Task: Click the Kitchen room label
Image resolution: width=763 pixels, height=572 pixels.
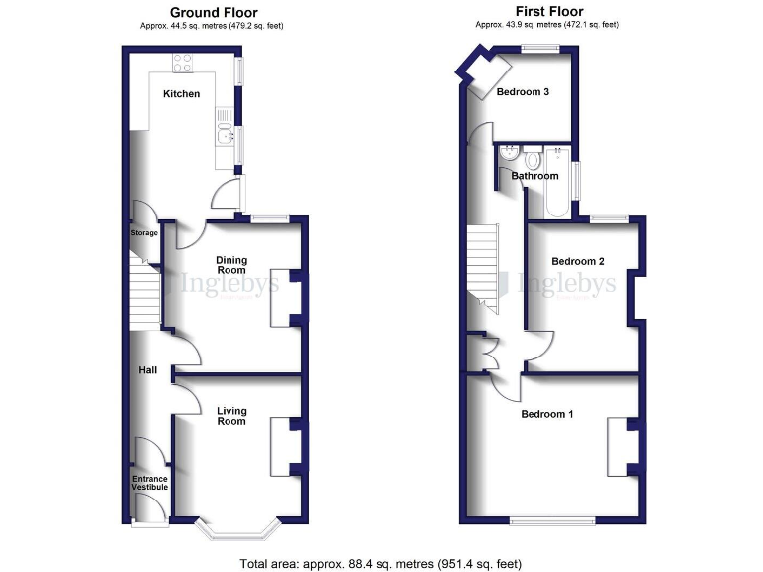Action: (182, 94)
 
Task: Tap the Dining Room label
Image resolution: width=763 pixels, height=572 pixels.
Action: (231, 265)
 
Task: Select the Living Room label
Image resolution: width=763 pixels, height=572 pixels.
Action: (231, 416)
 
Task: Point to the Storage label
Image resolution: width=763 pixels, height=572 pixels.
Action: (145, 233)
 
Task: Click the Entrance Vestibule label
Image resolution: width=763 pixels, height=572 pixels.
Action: (150, 484)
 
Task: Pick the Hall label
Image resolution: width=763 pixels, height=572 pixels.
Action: (148, 370)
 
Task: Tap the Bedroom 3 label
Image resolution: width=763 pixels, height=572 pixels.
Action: (524, 92)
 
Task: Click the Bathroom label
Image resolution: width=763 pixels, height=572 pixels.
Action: (534, 176)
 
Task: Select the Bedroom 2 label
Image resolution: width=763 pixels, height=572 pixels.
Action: (578, 261)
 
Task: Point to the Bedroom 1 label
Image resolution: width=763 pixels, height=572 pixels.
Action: (547, 414)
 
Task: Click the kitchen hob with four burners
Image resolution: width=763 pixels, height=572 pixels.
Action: (183, 63)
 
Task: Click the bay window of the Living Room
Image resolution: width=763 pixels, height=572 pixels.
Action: (235, 531)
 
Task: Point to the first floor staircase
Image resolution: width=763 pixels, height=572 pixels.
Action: (484, 269)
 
